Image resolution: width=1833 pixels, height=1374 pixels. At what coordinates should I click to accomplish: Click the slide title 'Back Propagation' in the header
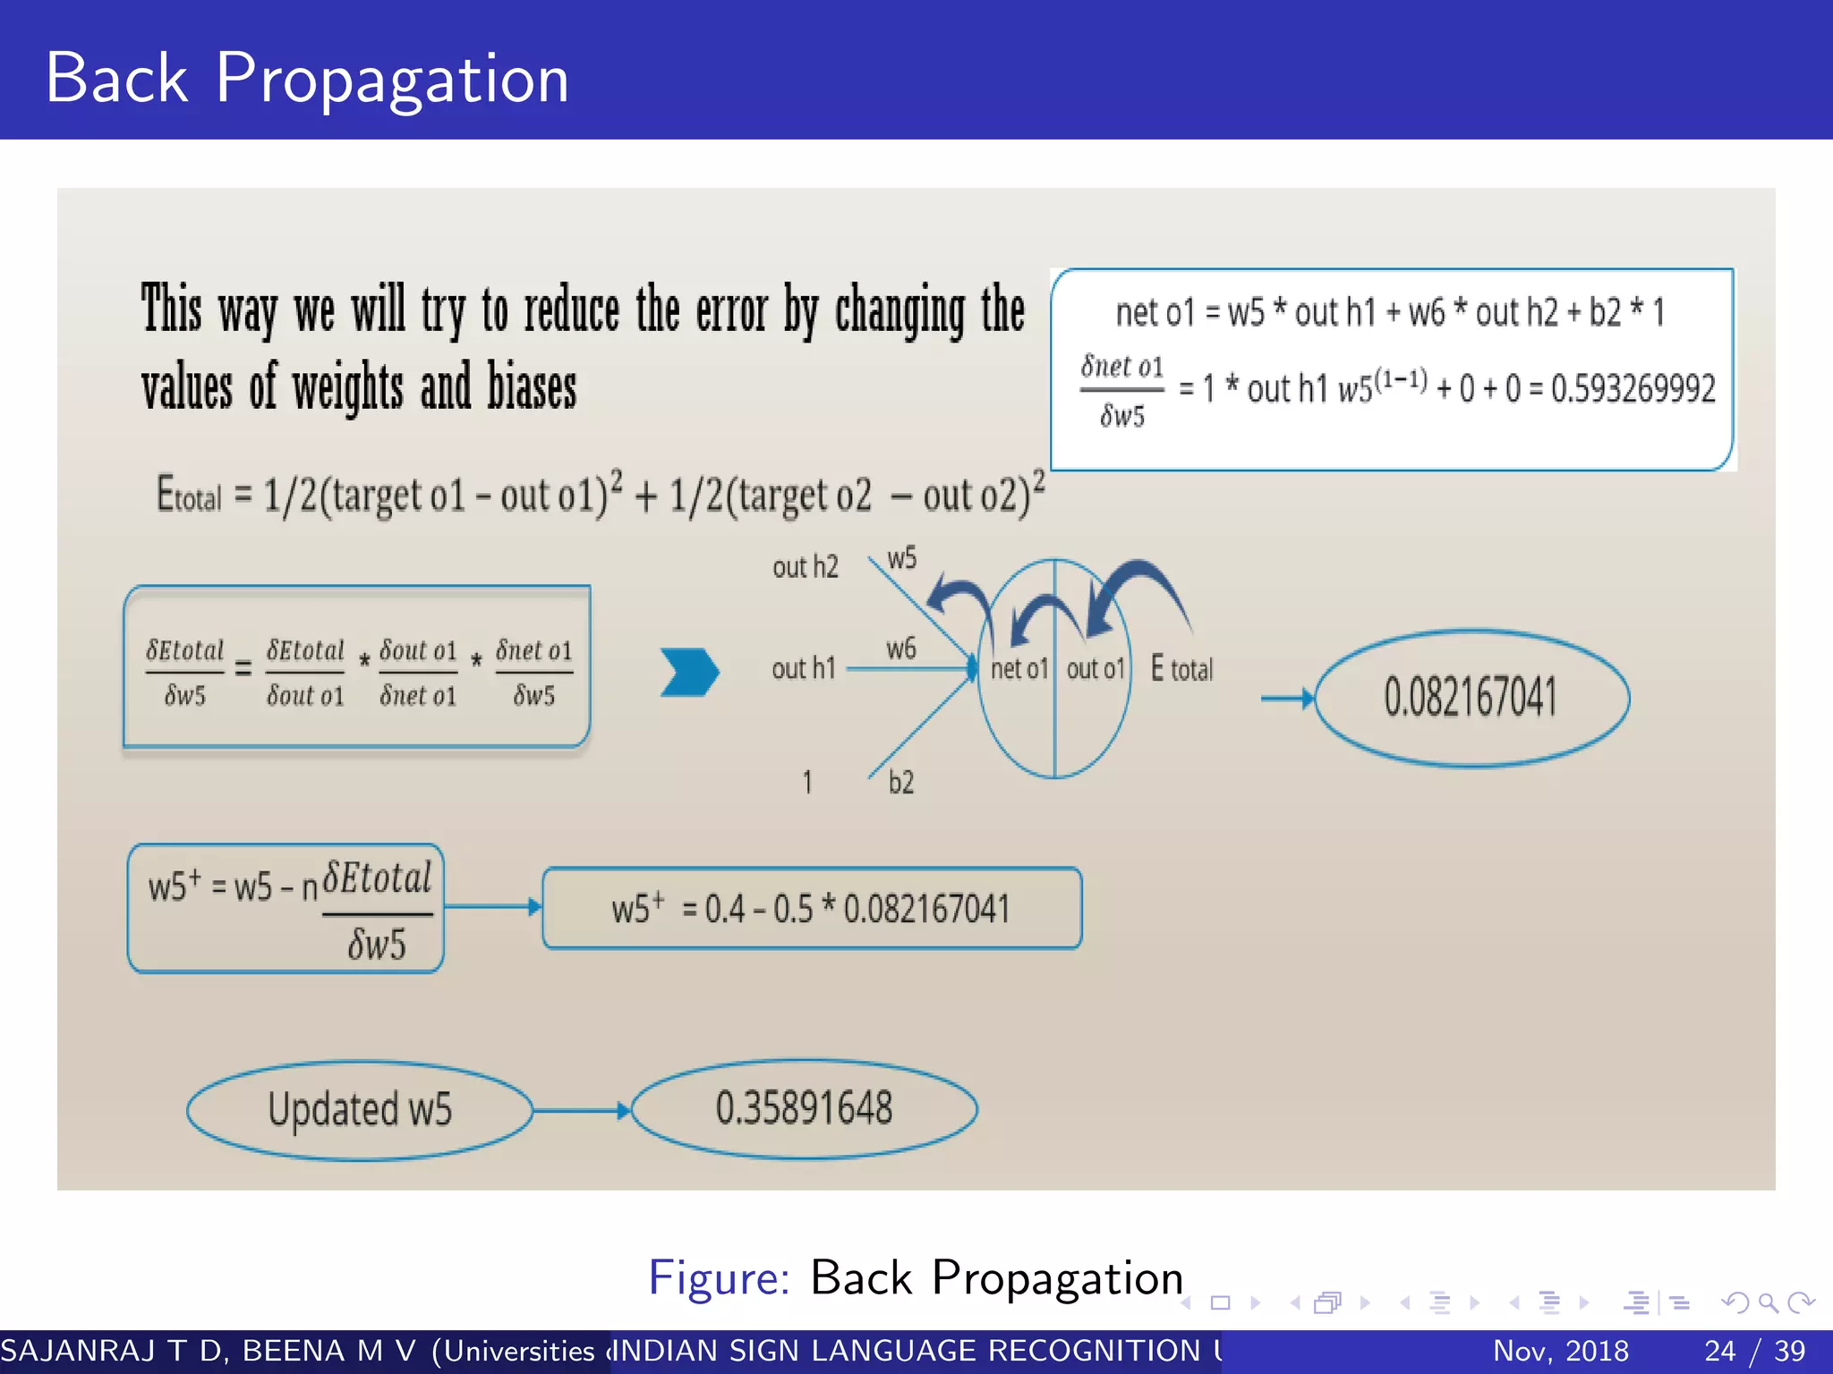click(x=306, y=80)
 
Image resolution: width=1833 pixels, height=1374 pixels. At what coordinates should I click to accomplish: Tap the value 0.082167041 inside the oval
click(x=1470, y=698)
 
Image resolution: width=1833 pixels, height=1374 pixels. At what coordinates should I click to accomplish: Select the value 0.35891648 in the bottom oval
click(x=804, y=1108)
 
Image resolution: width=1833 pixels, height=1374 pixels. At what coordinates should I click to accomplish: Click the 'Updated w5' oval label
click(x=360, y=1110)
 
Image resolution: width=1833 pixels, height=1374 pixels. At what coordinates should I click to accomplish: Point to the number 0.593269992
click(x=1633, y=389)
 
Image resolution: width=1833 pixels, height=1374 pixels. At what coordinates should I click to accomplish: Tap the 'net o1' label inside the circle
click(x=1019, y=669)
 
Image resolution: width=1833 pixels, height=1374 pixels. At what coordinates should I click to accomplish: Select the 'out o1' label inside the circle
click(x=1095, y=669)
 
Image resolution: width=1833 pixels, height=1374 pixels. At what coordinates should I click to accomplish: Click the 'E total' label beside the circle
click(x=1181, y=669)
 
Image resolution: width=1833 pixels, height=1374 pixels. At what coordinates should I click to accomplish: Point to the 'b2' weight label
click(x=900, y=783)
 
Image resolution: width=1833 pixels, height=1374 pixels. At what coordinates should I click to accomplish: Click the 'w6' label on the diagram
click(x=900, y=649)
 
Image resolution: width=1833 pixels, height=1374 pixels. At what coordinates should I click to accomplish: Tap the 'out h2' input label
click(x=805, y=567)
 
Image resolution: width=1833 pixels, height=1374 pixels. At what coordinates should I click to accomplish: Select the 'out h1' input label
click(x=803, y=668)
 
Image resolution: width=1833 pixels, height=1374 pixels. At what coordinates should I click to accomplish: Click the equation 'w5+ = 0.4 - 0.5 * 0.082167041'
click(x=811, y=909)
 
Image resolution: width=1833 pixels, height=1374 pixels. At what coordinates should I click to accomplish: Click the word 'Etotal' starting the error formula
click(x=188, y=495)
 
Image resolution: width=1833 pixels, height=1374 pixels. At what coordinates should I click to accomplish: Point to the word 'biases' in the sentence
click(x=532, y=388)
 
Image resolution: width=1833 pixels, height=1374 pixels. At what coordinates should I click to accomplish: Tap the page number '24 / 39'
click(x=1754, y=1351)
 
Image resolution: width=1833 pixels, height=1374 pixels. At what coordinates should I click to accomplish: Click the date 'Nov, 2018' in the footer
click(x=1560, y=1351)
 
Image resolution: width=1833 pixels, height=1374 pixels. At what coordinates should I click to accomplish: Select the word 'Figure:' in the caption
click(x=719, y=1277)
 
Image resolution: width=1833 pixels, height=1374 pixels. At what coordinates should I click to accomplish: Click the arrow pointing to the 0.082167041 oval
click(x=1287, y=698)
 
